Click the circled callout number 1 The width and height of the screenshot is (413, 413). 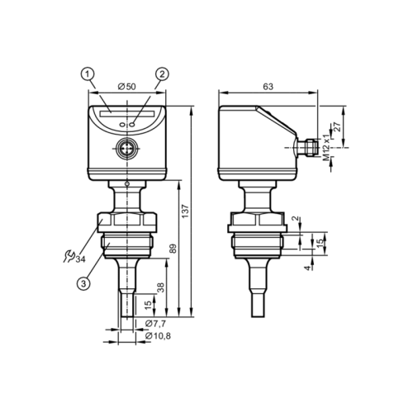pyautogui.click(x=88, y=74)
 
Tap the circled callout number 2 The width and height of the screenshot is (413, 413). pyautogui.click(x=162, y=74)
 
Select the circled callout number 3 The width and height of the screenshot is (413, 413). pyautogui.click(x=83, y=282)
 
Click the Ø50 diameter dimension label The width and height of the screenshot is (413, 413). pyautogui.click(x=126, y=87)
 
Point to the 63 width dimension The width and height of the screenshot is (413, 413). pyautogui.click(x=268, y=87)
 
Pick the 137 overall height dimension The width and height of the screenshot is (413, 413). pyautogui.click(x=185, y=211)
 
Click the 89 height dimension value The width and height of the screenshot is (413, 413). pyautogui.click(x=173, y=249)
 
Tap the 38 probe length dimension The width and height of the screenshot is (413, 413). pyautogui.click(x=160, y=287)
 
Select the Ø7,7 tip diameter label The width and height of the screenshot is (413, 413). pyautogui.click(x=155, y=324)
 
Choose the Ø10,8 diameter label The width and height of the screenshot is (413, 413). pyautogui.click(x=158, y=336)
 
